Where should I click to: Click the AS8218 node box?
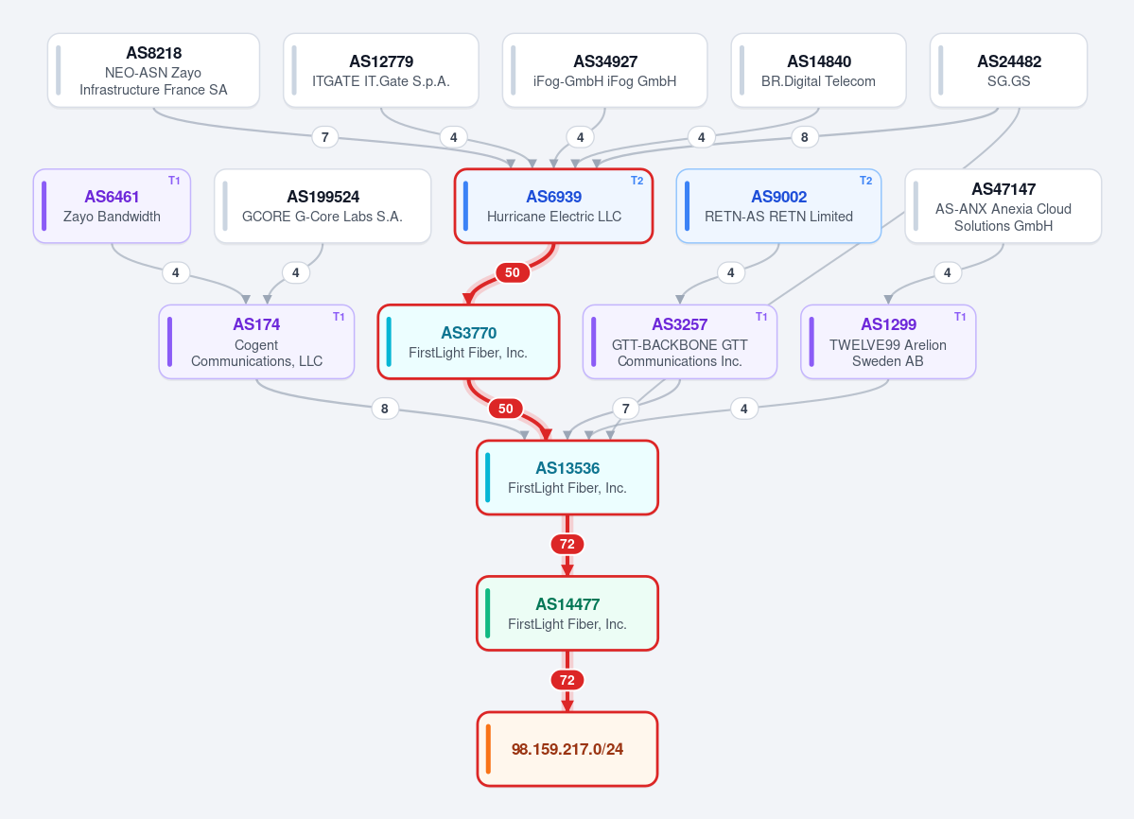[x=153, y=70]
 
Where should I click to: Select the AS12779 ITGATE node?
[x=381, y=70]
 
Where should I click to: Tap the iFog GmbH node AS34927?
[x=604, y=70]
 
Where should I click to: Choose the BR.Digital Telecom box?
[x=819, y=70]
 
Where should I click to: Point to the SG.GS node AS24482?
[x=1009, y=70]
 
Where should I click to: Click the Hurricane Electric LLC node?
[x=554, y=206]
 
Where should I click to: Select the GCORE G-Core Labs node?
[x=323, y=206]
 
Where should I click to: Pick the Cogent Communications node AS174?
[x=256, y=342]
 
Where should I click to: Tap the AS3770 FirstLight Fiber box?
[x=469, y=342]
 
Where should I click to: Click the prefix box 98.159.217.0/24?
[x=567, y=749]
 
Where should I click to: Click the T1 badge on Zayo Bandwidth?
[x=174, y=181]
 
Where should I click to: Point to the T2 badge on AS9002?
[x=865, y=181]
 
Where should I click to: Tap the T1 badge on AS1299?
[x=960, y=317]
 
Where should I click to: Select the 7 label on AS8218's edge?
[x=325, y=136]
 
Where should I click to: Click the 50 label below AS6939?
[x=513, y=272]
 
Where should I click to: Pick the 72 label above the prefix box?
[x=567, y=680]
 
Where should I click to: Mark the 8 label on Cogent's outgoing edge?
[x=385, y=409]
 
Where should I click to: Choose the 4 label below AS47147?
[x=948, y=272]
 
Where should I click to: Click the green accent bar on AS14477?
[x=487, y=614]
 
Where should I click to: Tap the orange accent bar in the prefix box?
[x=488, y=749]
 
